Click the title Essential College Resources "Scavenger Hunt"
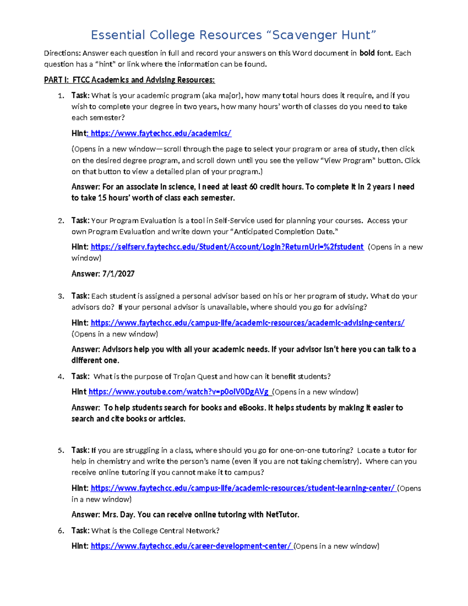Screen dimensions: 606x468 pos(233,35)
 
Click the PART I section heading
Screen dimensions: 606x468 pos(129,80)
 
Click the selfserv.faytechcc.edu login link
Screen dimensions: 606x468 pos(227,247)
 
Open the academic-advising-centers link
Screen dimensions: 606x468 pos(247,323)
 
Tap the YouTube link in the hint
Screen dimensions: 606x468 pos(179,392)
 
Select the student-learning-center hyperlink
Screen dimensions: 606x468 pos(243,488)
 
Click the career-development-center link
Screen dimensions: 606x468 pos(191,546)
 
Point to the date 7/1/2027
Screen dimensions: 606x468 pos(118,274)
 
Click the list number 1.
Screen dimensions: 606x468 pos(60,96)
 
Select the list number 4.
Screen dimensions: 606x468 pos(60,377)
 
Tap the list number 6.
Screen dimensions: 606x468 pos(60,531)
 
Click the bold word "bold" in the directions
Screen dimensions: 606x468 pos(367,53)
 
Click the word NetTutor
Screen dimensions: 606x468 pos(282,515)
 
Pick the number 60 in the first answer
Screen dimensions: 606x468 pos(253,187)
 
